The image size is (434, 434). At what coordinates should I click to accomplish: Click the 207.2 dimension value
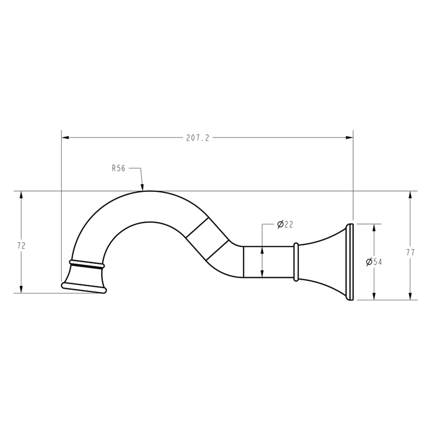click(x=198, y=138)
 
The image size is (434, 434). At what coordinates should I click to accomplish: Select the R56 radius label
click(x=119, y=168)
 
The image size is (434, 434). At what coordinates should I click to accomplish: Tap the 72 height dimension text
click(x=21, y=246)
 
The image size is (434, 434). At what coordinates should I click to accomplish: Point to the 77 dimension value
click(x=410, y=252)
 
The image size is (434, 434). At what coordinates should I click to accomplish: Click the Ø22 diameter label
click(x=285, y=224)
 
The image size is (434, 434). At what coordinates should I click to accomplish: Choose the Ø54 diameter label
click(x=374, y=262)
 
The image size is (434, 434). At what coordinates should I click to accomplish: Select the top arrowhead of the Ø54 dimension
click(x=374, y=227)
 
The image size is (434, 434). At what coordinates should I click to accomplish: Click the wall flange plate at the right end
click(x=350, y=262)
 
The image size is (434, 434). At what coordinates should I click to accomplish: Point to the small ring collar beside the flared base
click(x=296, y=262)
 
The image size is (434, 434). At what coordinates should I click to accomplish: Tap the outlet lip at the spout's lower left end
click(x=84, y=288)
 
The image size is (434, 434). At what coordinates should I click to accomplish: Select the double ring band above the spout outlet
click(x=87, y=264)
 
